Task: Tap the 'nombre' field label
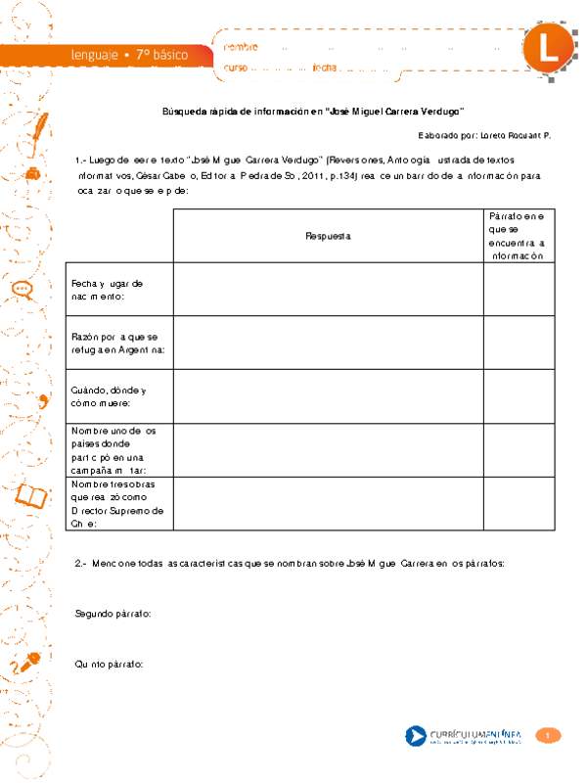tap(242, 46)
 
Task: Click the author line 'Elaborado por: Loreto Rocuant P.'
tap(484, 136)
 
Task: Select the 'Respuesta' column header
tap(328, 236)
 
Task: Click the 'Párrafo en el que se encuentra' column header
tap(519, 235)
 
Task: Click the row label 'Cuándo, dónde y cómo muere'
tap(108, 396)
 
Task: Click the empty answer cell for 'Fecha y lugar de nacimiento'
tap(328, 290)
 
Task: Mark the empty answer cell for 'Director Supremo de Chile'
tap(328, 503)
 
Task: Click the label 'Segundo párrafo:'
tap(113, 613)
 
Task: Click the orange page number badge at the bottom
tap(550, 735)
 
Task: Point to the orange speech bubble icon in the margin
tap(22, 289)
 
